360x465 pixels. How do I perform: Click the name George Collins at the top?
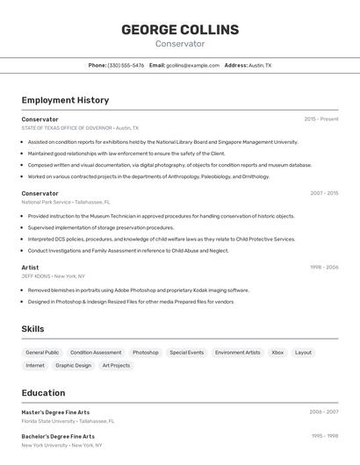coord(180,29)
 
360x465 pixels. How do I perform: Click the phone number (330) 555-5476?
coord(126,65)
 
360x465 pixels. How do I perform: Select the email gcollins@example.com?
coord(192,65)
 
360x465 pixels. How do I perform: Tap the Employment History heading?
coord(65,100)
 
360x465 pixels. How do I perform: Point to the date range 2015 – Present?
coord(321,119)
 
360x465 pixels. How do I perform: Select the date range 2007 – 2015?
coord(324,193)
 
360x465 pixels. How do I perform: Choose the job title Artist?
coord(30,267)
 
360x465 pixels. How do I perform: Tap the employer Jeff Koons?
coord(36,275)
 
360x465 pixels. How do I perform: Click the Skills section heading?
coord(32,329)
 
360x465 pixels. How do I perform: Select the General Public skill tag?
coord(42,353)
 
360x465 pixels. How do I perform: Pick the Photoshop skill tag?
coord(146,353)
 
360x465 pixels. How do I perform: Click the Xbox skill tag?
coord(277,353)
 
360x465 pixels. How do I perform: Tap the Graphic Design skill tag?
coord(73,365)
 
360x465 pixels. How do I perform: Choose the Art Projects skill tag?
coord(116,365)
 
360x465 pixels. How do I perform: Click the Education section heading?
coord(43,393)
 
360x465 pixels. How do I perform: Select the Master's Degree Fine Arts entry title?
coord(55,412)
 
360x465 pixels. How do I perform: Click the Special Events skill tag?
coord(187,353)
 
